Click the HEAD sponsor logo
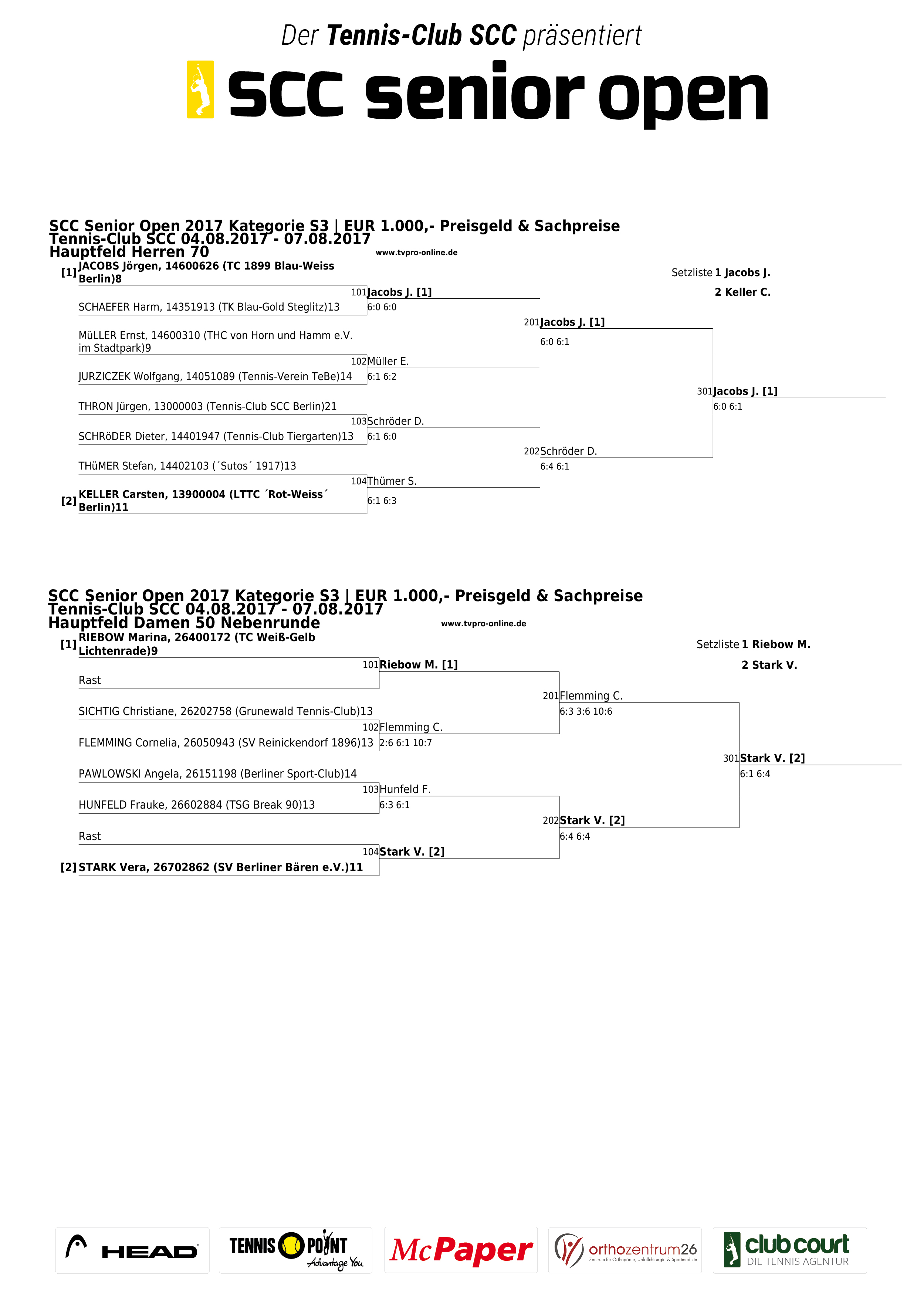(132, 1250)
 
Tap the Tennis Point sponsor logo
(295, 1250)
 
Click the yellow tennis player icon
(200, 89)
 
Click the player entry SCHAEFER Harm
(209, 307)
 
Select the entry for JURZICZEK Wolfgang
(215, 376)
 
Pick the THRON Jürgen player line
(207, 406)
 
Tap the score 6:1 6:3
(382, 501)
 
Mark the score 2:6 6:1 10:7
(406, 743)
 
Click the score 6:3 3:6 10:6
(586, 712)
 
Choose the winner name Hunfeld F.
(405, 789)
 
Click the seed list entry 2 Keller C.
(742, 292)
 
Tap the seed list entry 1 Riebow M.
(776, 644)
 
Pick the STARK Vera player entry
(221, 867)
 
